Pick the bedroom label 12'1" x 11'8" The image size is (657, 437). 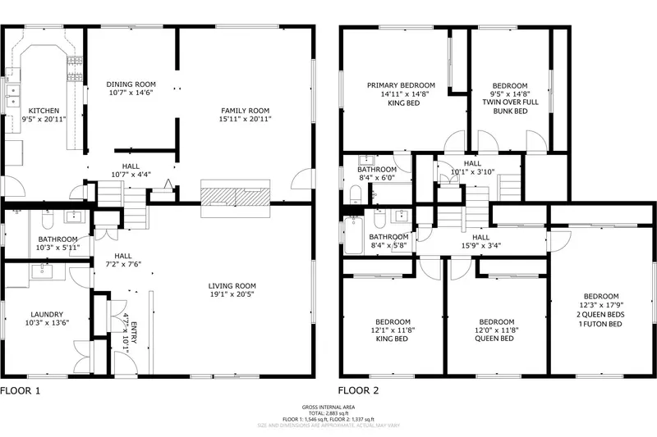click(x=393, y=330)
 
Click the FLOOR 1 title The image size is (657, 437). click(x=20, y=392)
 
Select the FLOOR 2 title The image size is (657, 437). click(x=360, y=392)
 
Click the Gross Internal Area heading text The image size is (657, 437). click(x=328, y=407)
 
